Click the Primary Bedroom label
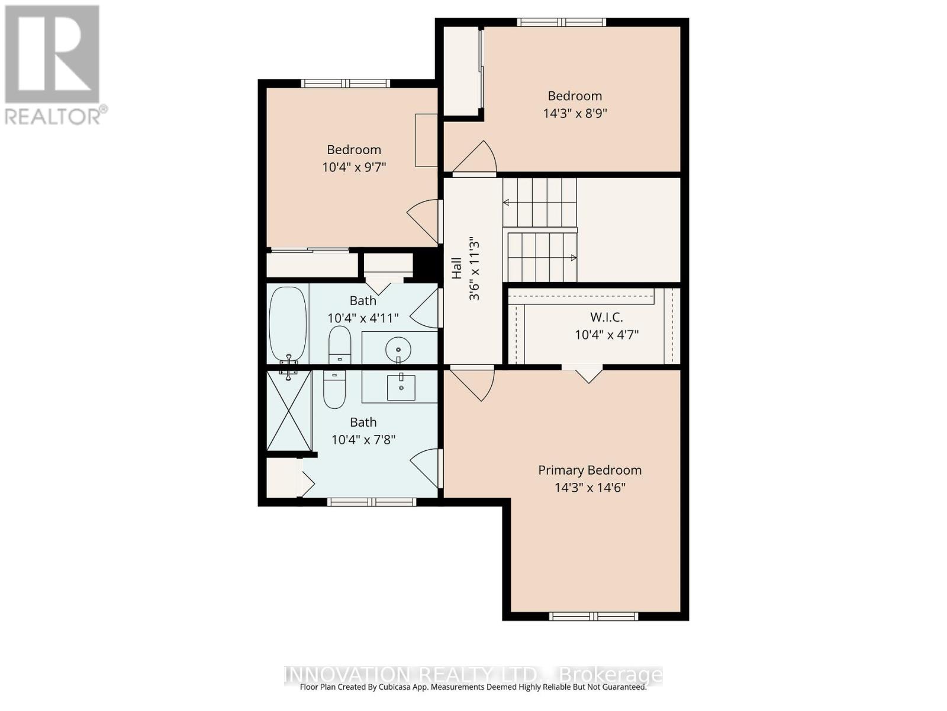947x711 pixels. (590, 470)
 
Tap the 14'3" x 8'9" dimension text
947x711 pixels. (575, 113)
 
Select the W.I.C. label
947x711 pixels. (607, 318)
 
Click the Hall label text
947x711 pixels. (456, 268)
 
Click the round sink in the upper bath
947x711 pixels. (398, 350)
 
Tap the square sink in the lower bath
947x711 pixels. (401, 387)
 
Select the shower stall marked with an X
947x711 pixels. (289, 411)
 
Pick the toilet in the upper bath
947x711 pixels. (340, 344)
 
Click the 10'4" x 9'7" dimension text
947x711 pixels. (354, 167)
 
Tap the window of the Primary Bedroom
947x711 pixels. (594, 616)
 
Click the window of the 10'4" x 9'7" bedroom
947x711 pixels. (346, 84)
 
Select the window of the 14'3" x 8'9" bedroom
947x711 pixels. (561, 23)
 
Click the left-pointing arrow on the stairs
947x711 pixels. (507, 203)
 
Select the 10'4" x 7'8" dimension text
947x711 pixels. (363, 440)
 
